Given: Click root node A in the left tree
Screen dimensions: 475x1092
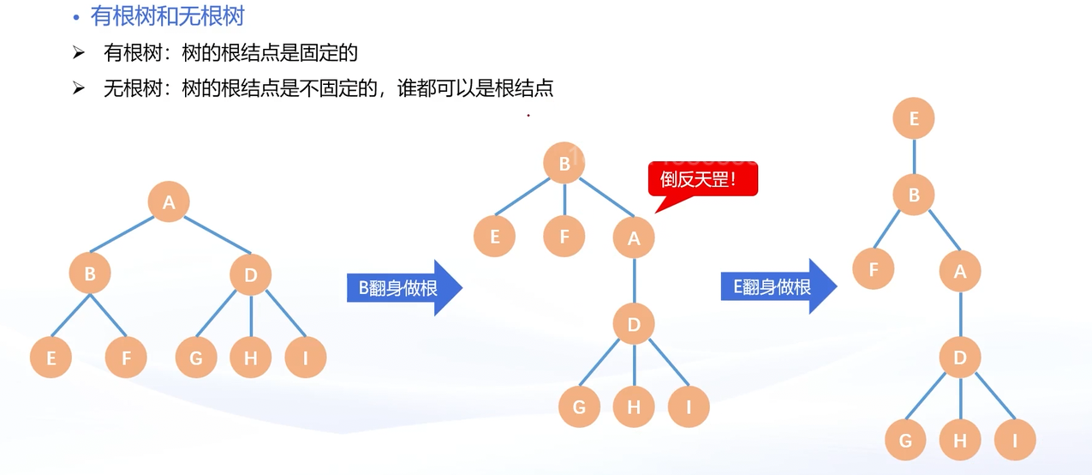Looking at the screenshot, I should click(169, 202).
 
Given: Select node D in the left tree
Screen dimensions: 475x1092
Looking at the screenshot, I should click(251, 274).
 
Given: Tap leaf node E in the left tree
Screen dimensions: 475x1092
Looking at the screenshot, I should click(51, 358).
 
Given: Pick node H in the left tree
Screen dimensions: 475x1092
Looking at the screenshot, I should click(251, 358).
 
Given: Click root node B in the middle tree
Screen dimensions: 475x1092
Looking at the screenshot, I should click(564, 164).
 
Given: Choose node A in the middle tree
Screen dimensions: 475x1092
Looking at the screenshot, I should click(634, 238).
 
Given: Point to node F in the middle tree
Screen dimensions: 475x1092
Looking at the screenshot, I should click(564, 236).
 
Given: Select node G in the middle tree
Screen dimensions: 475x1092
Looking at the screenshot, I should click(580, 406).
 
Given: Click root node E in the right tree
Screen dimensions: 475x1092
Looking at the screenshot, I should click(914, 119).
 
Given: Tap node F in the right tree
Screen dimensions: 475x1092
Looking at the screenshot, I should click(874, 269).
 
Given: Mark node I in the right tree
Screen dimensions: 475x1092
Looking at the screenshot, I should click(1016, 441).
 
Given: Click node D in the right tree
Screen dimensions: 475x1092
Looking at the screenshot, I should click(960, 357).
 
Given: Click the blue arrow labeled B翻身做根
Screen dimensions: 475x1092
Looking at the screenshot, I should click(403, 288).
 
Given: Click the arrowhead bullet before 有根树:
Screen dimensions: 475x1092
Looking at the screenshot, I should click(79, 53).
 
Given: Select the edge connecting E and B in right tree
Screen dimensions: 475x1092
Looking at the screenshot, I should click(914, 157).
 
